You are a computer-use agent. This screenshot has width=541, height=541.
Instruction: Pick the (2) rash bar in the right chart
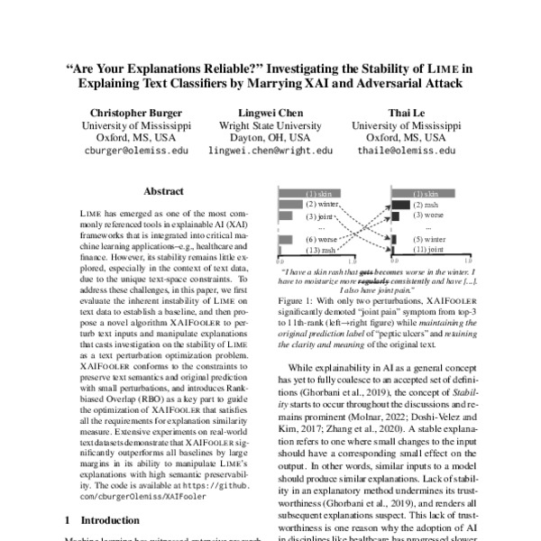398,206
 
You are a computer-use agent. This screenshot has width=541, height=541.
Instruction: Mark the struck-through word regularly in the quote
353,280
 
